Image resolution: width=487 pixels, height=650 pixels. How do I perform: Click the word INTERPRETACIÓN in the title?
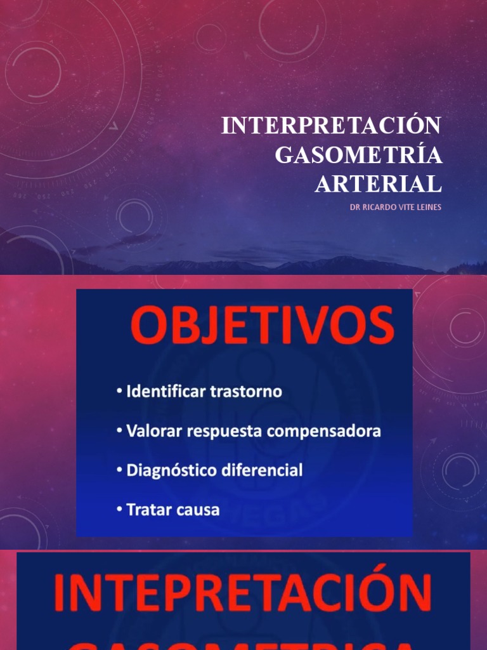coord(331,126)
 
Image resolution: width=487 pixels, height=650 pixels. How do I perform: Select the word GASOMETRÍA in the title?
coord(358,155)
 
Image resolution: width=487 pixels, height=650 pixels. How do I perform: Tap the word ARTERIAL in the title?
coord(378,184)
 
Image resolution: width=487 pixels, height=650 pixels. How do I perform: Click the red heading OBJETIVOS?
coord(263,328)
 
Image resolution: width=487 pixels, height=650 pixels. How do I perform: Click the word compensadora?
coord(324,432)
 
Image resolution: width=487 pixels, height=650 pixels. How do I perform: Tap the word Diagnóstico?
coord(168,470)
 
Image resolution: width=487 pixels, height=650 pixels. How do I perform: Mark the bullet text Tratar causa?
coord(172,509)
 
